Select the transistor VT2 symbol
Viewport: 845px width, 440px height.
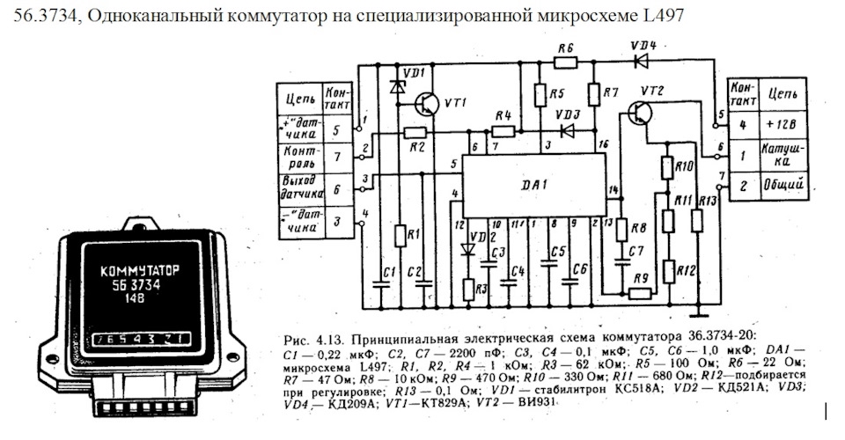pyautogui.click(x=640, y=113)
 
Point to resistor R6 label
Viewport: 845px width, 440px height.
pyautogui.click(x=566, y=47)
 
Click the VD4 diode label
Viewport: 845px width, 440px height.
pyautogui.click(x=643, y=44)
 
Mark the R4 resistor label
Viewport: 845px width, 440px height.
pyautogui.click(x=503, y=116)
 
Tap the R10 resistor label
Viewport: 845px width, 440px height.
pyautogui.click(x=685, y=165)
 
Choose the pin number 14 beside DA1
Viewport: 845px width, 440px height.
pyautogui.click(x=614, y=190)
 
